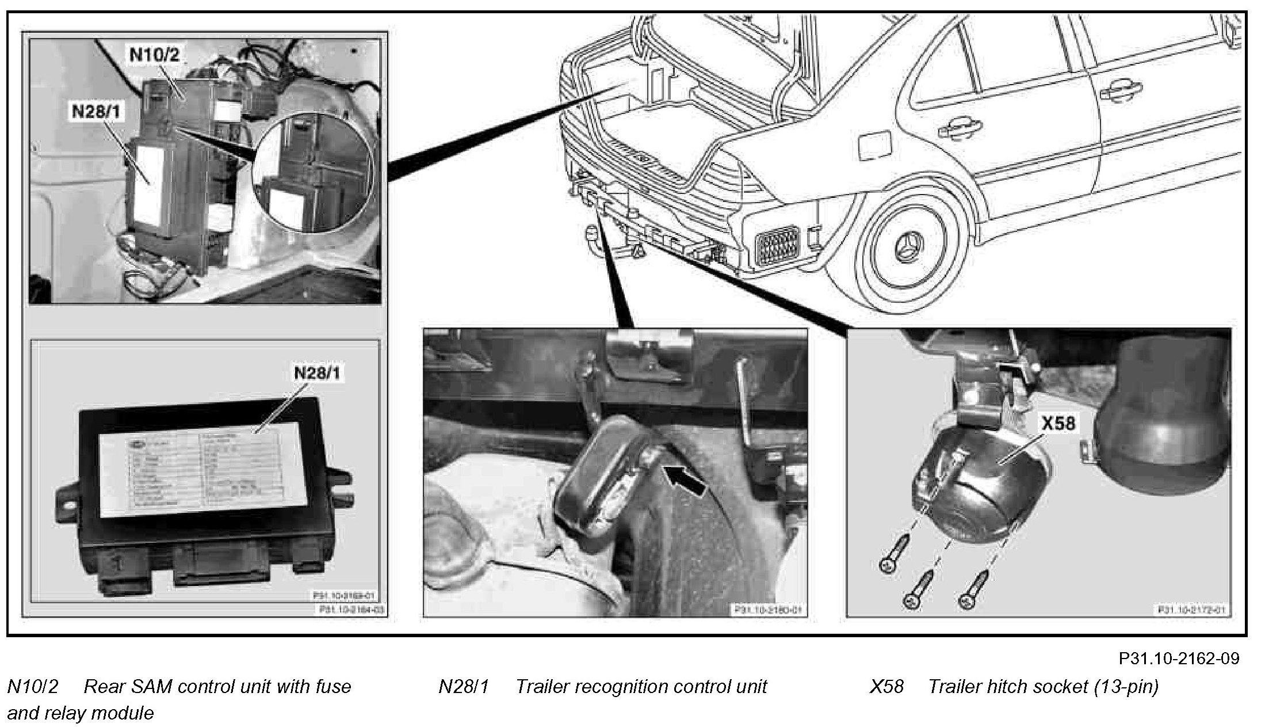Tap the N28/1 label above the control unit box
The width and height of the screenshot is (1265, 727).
pyautogui.click(x=317, y=373)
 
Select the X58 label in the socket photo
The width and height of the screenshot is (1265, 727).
pyautogui.click(x=1058, y=424)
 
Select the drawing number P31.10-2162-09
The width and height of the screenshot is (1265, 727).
pyautogui.click(x=1179, y=658)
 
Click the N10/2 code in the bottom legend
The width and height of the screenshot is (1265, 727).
pyautogui.click(x=33, y=687)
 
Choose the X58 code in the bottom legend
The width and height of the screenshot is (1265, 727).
pyautogui.click(x=886, y=687)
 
